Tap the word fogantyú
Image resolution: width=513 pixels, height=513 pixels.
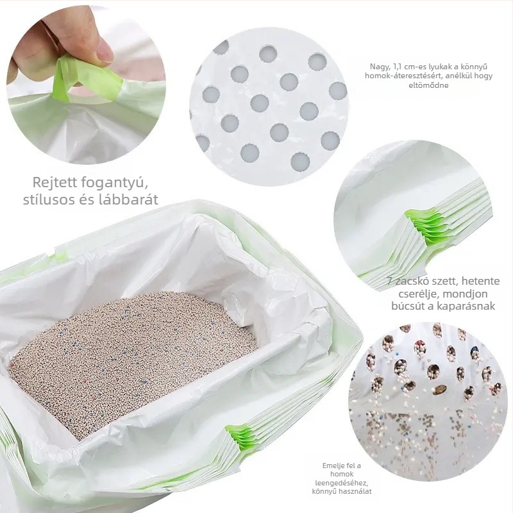[114, 183]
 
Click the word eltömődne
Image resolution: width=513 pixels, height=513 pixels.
[428, 85]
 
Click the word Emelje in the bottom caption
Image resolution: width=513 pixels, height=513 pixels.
[333, 466]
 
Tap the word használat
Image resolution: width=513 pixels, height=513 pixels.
[355, 491]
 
